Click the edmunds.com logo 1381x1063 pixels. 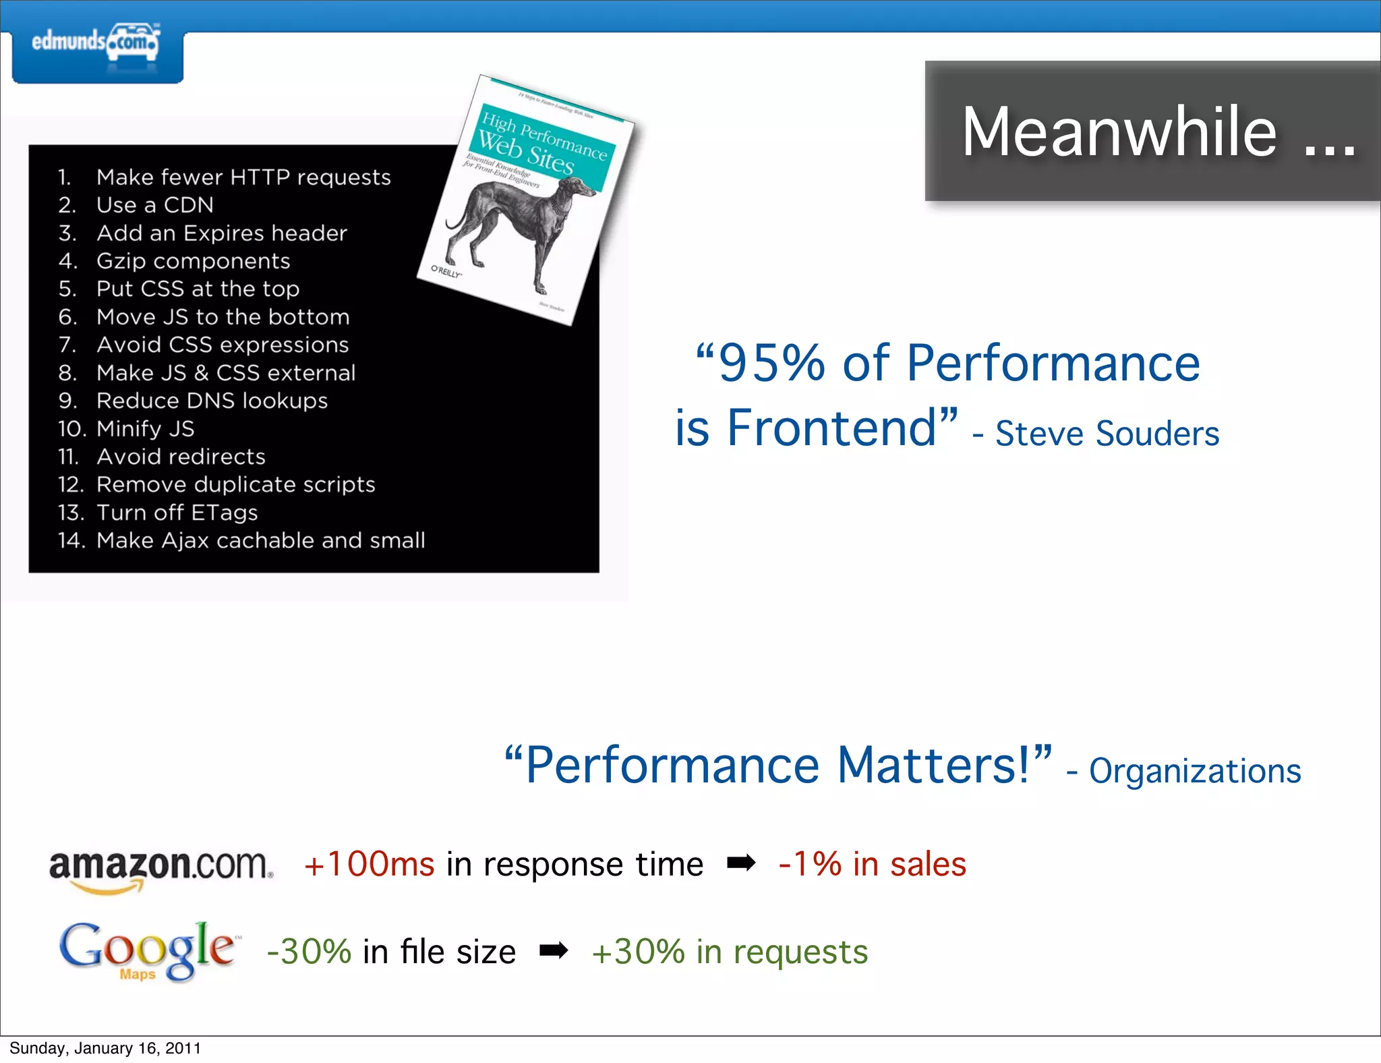96,45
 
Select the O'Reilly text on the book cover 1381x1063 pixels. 447,271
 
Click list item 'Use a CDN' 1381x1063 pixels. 154,205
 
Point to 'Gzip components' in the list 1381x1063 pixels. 193,261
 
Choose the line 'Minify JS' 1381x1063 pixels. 145,429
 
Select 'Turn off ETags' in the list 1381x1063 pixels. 177,513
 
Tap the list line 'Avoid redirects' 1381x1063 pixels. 181,457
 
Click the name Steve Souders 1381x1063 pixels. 1107,434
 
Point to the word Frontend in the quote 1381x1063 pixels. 832,428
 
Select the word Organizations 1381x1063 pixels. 1194,771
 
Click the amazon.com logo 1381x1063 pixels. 160,868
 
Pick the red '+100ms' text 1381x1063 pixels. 370,865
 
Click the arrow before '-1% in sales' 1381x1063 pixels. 741,863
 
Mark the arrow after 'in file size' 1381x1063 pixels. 554,951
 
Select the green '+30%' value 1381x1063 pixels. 638,952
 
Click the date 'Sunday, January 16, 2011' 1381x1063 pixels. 105,1048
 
